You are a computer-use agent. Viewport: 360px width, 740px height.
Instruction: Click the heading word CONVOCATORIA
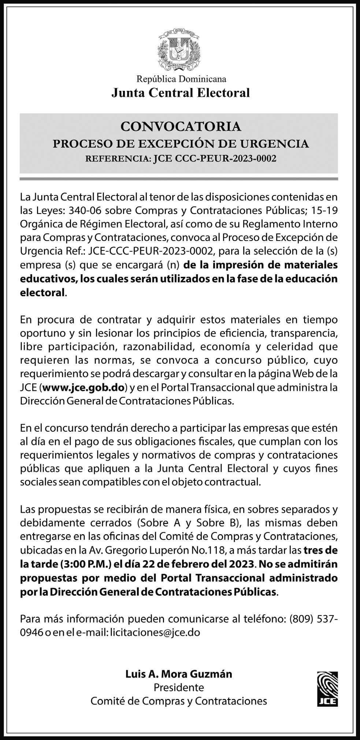tap(181, 127)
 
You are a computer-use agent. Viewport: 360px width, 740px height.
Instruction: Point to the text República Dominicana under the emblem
tap(181, 79)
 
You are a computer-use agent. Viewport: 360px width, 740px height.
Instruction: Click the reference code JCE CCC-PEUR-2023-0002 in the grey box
tap(214, 159)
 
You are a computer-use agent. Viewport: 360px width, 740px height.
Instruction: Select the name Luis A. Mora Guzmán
tap(179, 674)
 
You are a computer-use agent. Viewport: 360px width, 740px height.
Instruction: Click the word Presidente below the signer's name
tap(179, 687)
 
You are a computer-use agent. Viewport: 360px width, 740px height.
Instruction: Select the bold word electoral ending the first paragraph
tap(42, 293)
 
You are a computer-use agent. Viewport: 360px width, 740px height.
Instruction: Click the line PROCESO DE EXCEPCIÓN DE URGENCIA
tap(181, 144)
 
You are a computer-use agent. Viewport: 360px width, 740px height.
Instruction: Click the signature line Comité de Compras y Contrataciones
tap(179, 701)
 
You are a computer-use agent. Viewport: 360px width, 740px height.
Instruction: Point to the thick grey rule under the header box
tap(179, 179)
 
